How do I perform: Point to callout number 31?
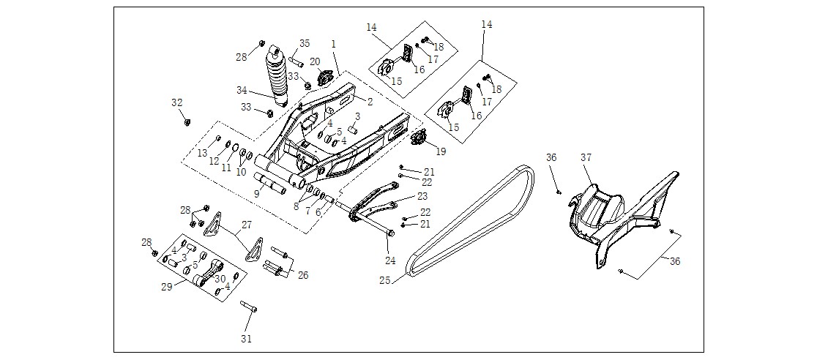pyautogui.click(x=247, y=339)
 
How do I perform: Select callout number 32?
pyautogui.click(x=177, y=102)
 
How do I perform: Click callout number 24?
pyautogui.click(x=390, y=260)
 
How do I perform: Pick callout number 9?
pyautogui.click(x=256, y=194)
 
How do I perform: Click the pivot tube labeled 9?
pyautogui.click(x=270, y=184)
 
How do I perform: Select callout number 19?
pyautogui.click(x=441, y=151)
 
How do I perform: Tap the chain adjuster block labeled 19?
pyautogui.click(x=419, y=138)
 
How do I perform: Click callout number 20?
pyautogui.click(x=315, y=61)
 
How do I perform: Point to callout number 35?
pyautogui.click(x=305, y=43)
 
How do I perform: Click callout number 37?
pyautogui.click(x=586, y=157)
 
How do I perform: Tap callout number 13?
pyautogui.click(x=202, y=152)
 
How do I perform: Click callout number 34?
pyautogui.click(x=242, y=90)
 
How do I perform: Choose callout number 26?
pyautogui.click(x=302, y=275)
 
